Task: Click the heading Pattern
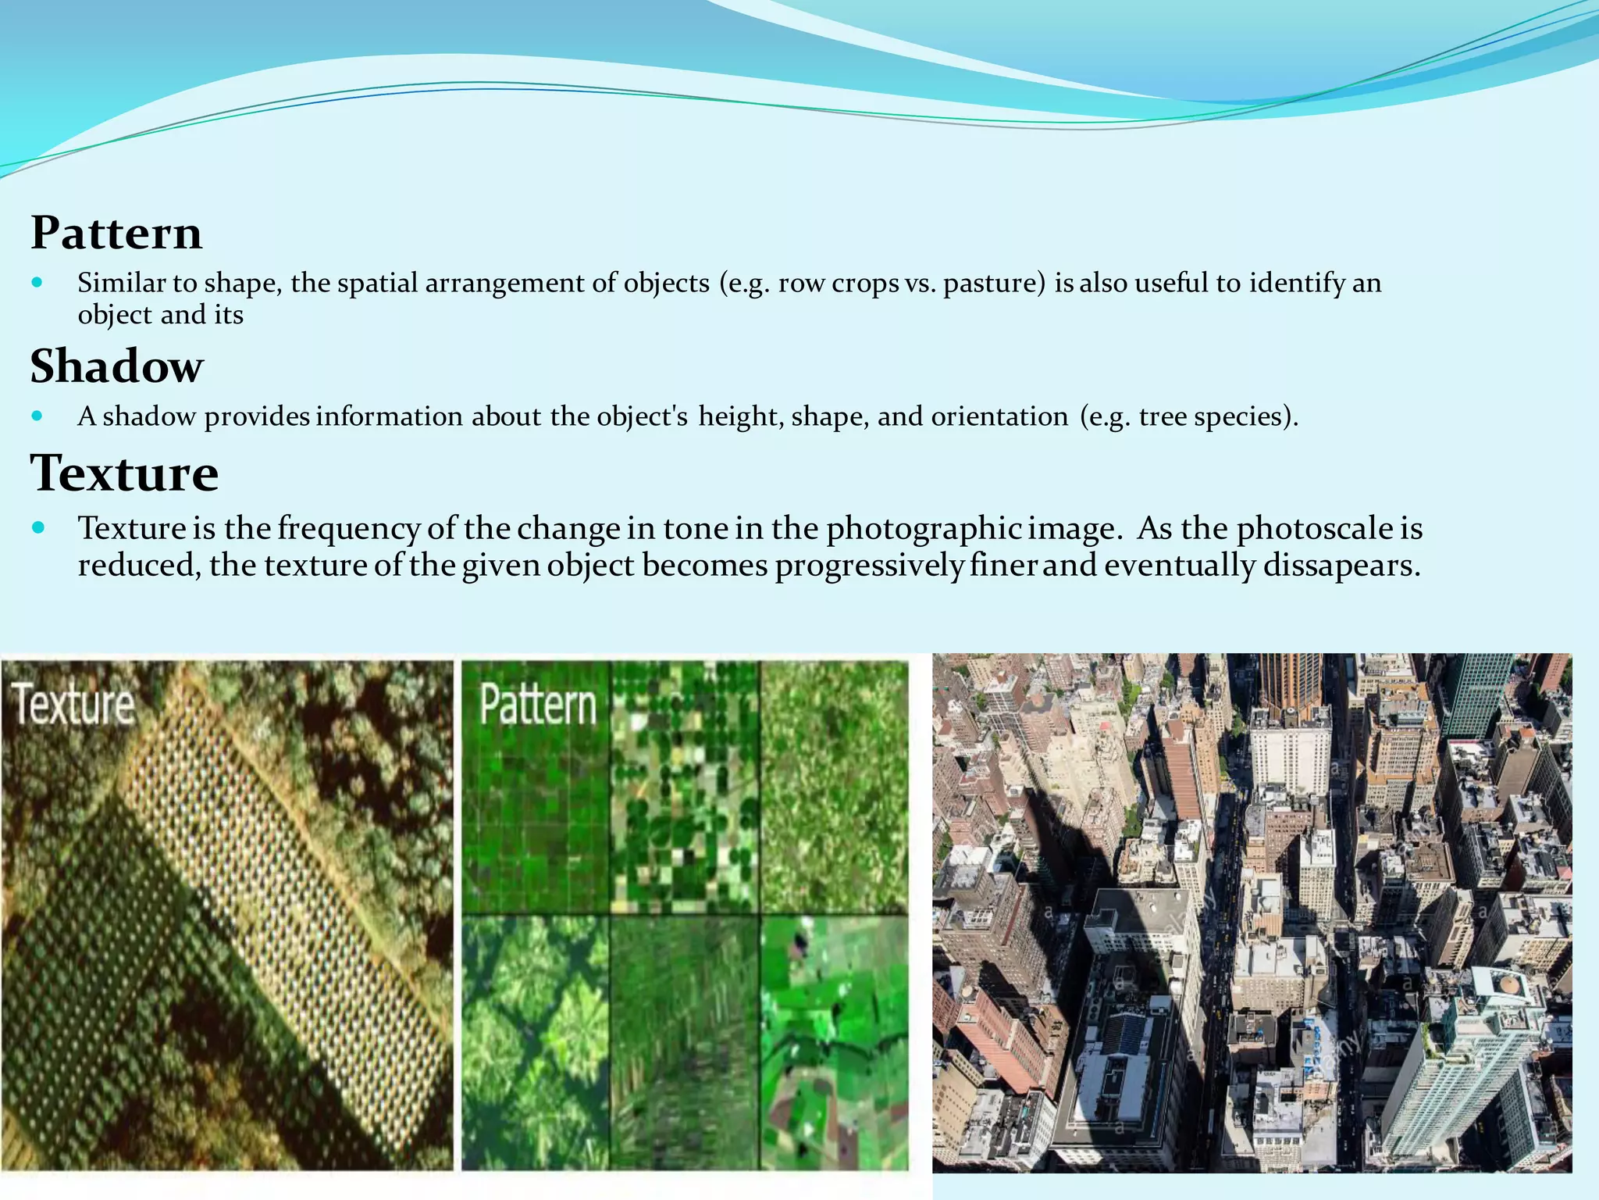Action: [x=116, y=233]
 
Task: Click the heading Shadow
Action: [x=117, y=366]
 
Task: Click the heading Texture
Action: [x=124, y=473]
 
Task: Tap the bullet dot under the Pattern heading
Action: [x=37, y=282]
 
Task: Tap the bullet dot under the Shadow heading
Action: [x=37, y=416]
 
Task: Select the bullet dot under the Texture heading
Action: [x=38, y=528]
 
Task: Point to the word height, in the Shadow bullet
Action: [x=741, y=416]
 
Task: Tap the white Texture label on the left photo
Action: [x=75, y=704]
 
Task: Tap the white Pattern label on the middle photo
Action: [x=538, y=704]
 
